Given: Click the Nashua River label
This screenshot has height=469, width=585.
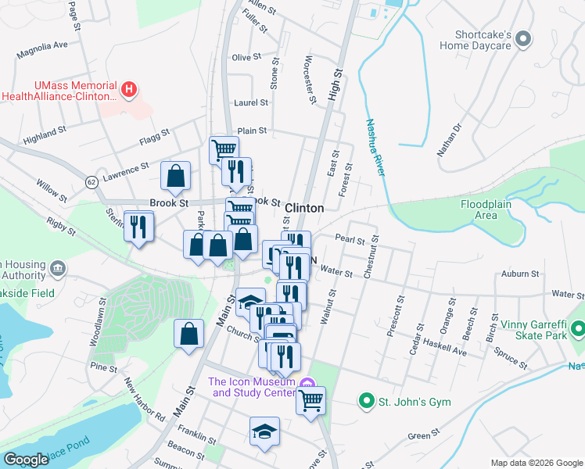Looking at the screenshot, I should click(375, 147).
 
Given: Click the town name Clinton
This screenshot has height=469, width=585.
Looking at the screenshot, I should click(304, 208).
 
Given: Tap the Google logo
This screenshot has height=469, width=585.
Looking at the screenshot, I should click(26, 460).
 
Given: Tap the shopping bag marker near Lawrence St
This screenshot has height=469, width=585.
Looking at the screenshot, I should click(176, 177).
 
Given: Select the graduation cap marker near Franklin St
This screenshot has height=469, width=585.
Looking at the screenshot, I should click(264, 431).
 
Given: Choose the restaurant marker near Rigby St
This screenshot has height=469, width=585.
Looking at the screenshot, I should click(138, 227).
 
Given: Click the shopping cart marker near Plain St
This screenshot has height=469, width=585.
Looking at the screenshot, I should click(224, 149).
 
